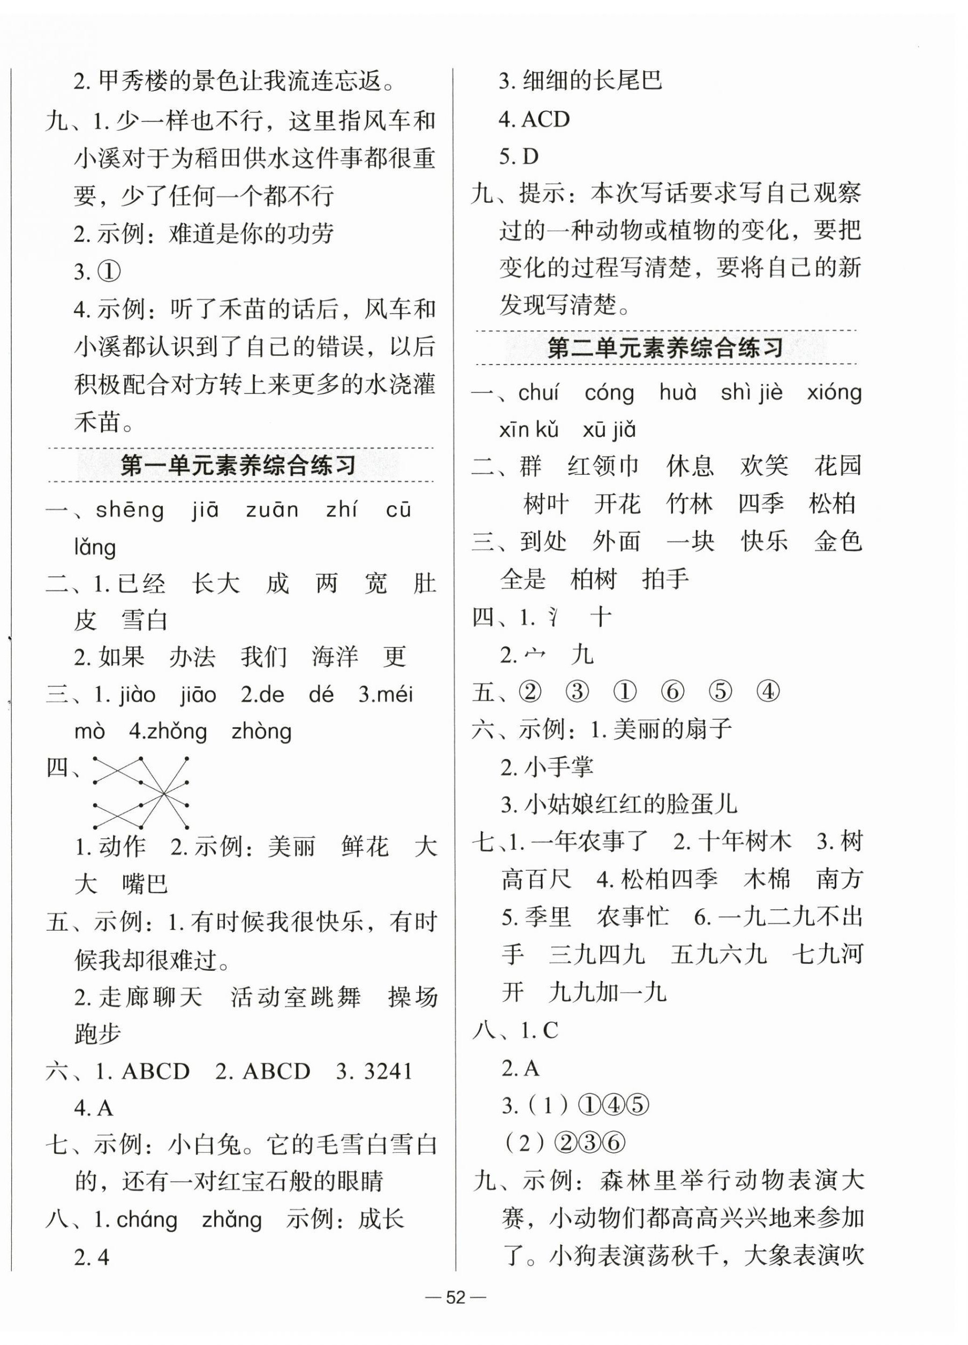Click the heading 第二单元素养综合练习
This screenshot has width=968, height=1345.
(x=665, y=347)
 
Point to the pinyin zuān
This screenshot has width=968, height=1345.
(x=271, y=511)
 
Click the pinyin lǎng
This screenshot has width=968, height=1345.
(x=95, y=548)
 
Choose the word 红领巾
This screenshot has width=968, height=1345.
(x=603, y=466)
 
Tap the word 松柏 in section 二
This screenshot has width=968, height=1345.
(x=831, y=504)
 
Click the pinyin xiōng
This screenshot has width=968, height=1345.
(x=834, y=393)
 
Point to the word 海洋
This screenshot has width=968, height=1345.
(x=335, y=657)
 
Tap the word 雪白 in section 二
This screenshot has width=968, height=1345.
(x=145, y=620)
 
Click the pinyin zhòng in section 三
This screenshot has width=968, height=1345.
(x=261, y=732)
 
